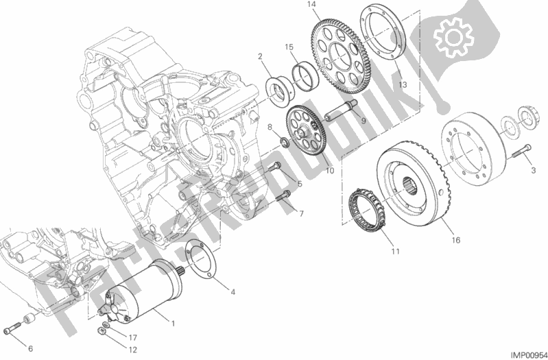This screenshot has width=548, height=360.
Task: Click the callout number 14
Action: click(x=311, y=5)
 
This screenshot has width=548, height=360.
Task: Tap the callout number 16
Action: click(x=455, y=240)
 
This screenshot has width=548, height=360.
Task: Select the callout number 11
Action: click(x=395, y=251)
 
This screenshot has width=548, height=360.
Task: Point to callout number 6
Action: click(x=30, y=348)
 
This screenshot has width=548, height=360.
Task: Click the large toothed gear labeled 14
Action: click(x=335, y=58)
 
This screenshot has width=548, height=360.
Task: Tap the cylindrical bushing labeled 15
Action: click(x=305, y=76)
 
